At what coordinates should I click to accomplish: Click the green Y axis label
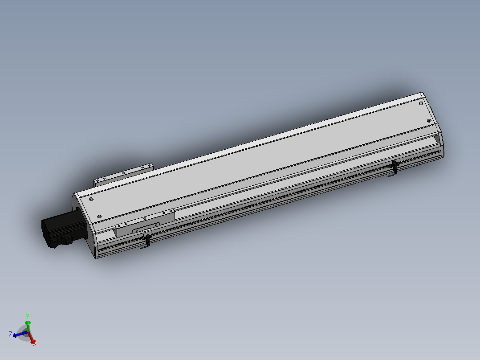coord(28,317)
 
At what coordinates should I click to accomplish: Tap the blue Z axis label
coord(10,334)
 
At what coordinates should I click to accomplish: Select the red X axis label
coord(35,343)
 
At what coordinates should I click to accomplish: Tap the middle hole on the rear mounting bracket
coord(123,173)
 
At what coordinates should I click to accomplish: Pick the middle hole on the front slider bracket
coord(145,218)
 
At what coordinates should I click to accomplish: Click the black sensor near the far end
coord(395,168)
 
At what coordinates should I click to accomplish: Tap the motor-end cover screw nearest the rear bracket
coord(91,200)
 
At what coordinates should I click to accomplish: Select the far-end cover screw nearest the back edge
coord(421,103)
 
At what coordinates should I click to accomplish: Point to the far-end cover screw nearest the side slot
coord(429,120)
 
